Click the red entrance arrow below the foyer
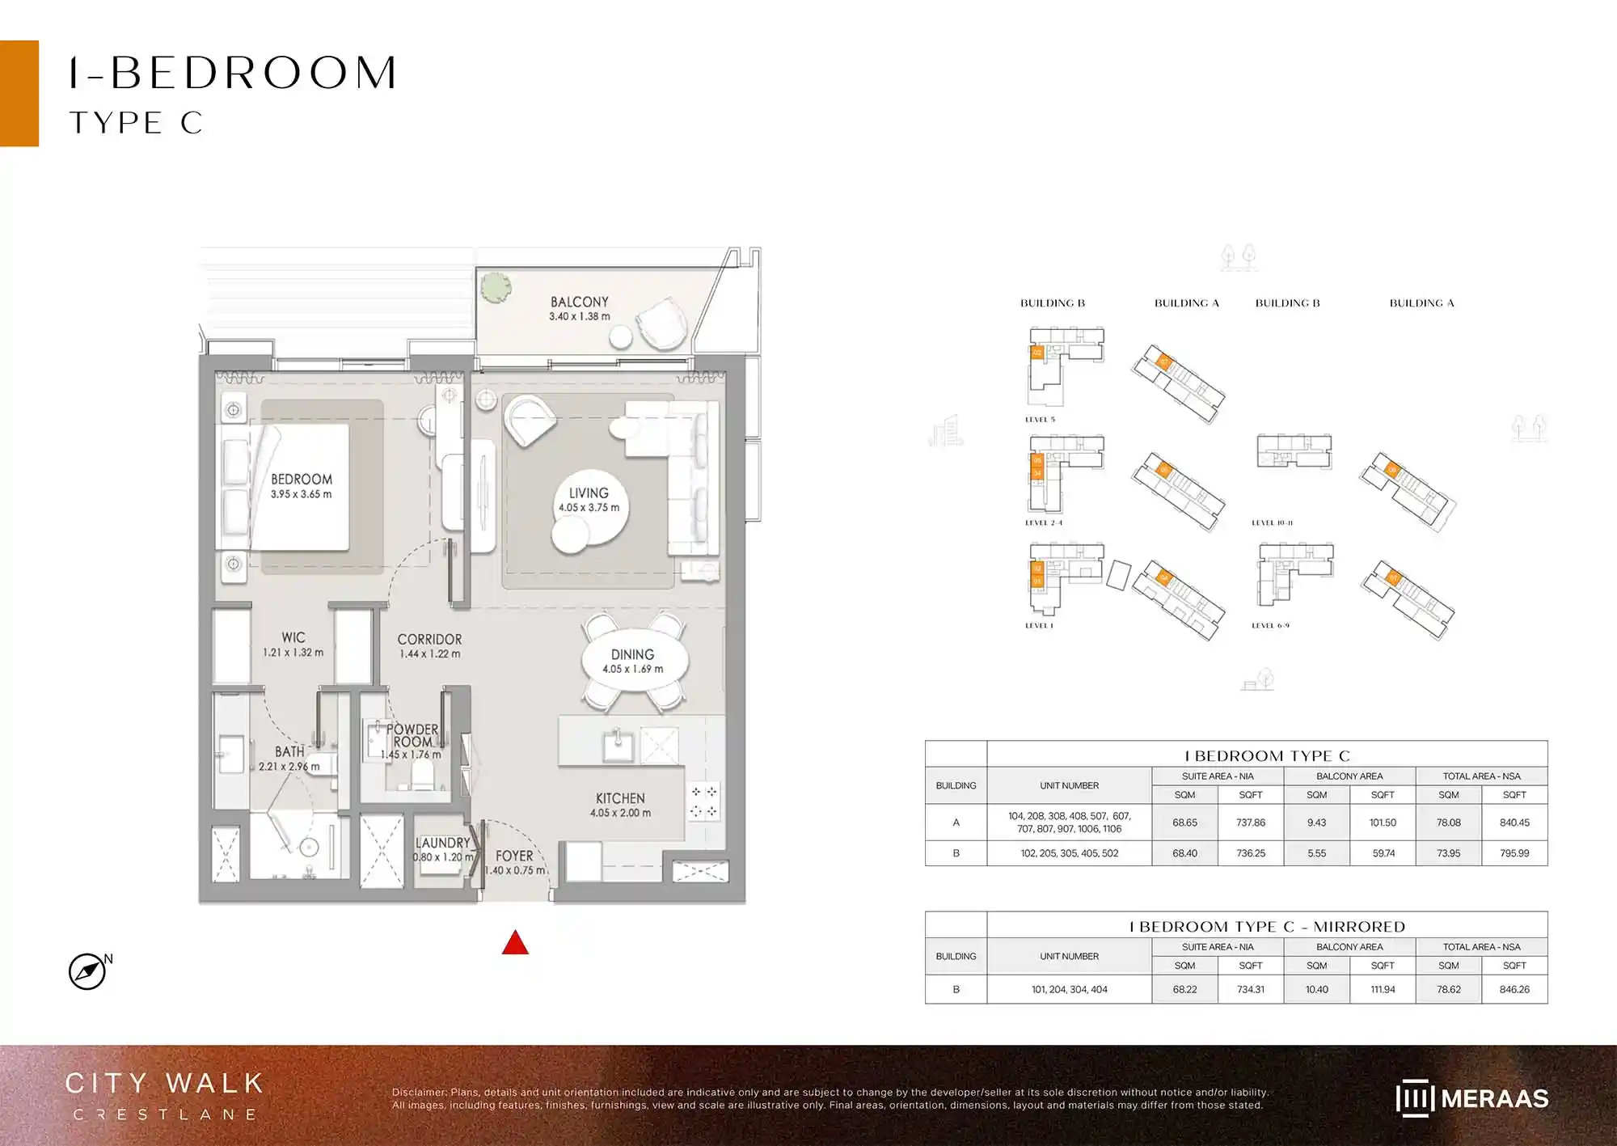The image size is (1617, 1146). point(515,943)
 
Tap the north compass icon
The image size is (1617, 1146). point(87,971)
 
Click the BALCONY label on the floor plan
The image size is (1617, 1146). point(579,302)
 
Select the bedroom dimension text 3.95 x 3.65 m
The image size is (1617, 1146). point(301,494)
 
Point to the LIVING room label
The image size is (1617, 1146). point(589,493)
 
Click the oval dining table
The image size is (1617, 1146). point(635,662)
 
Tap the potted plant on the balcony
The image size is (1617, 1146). point(495,286)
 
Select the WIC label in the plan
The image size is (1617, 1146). point(293,637)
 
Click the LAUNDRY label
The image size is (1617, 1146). point(442,843)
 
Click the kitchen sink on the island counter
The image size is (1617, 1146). point(618,745)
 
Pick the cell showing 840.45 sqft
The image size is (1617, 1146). point(1514,822)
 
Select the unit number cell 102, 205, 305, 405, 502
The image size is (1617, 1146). point(1069,853)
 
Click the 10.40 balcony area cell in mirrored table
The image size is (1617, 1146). point(1316,989)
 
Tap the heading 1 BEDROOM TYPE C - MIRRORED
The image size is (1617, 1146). point(1267,927)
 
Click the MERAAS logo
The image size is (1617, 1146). point(1471,1098)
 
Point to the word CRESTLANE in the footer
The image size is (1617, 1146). point(166,1114)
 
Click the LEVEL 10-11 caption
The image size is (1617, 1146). point(1272,523)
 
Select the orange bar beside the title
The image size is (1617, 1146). point(19,93)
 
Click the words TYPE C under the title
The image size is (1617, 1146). point(136,123)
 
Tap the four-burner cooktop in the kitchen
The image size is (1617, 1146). point(703,801)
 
